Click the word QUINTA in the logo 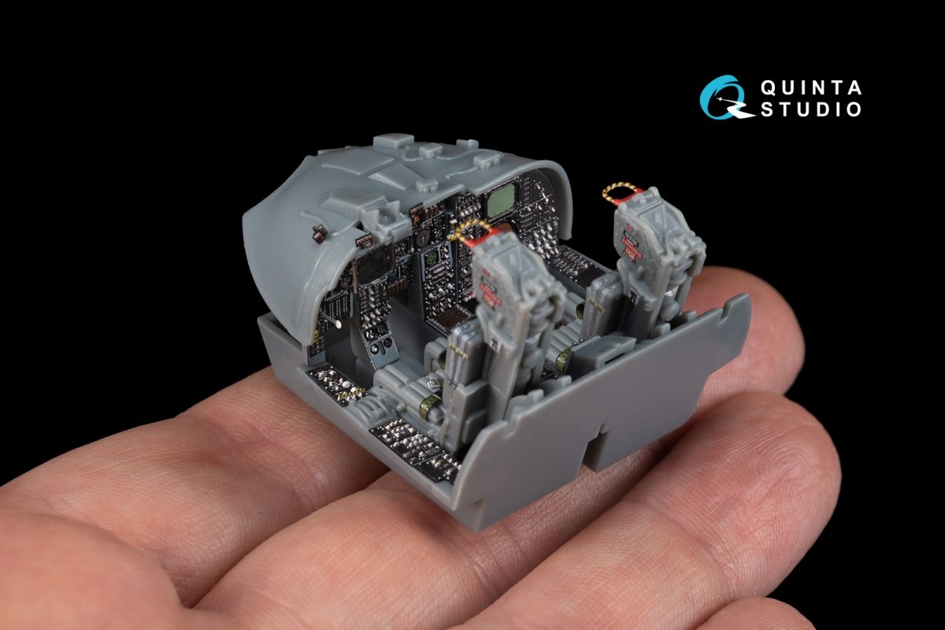(x=810, y=87)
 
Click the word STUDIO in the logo (x=810, y=109)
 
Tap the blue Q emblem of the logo (x=722, y=97)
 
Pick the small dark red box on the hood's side (x=320, y=233)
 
